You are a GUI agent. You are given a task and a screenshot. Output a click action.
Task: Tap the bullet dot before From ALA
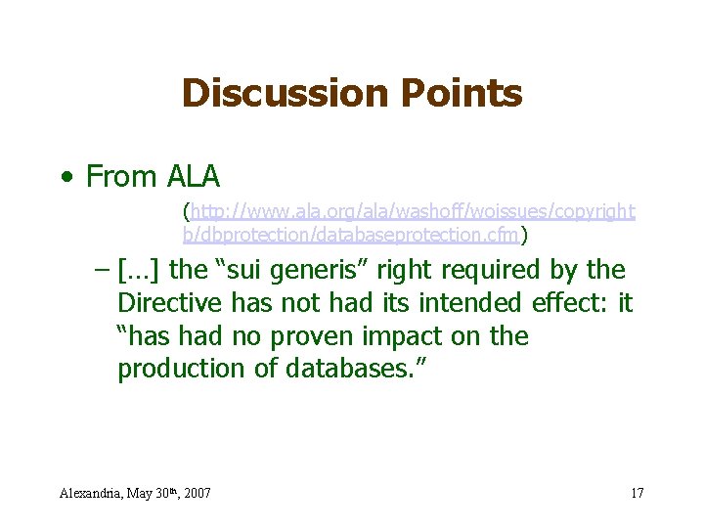pos(66,179)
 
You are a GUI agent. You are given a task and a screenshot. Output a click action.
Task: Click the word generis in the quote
pos(322,271)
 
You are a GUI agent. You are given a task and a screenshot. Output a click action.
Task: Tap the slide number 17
pos(637,493)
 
